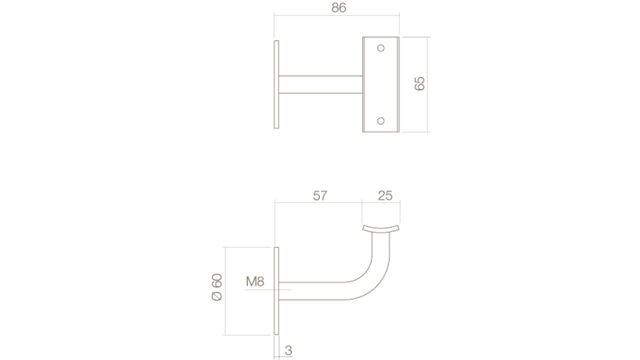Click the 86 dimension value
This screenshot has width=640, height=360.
point(339,8)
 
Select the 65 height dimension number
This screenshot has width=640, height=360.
point(419,84)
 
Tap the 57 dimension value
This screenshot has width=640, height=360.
point(320,196)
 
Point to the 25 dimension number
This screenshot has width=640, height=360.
point(385,196)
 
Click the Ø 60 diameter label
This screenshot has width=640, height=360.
point(217,287)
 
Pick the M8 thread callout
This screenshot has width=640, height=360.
point(255,281)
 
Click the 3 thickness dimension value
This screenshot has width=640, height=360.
point(288,350)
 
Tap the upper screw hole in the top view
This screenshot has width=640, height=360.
point(381,48)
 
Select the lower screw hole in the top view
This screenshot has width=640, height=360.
point(381,121)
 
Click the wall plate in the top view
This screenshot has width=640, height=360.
point(277,85)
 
